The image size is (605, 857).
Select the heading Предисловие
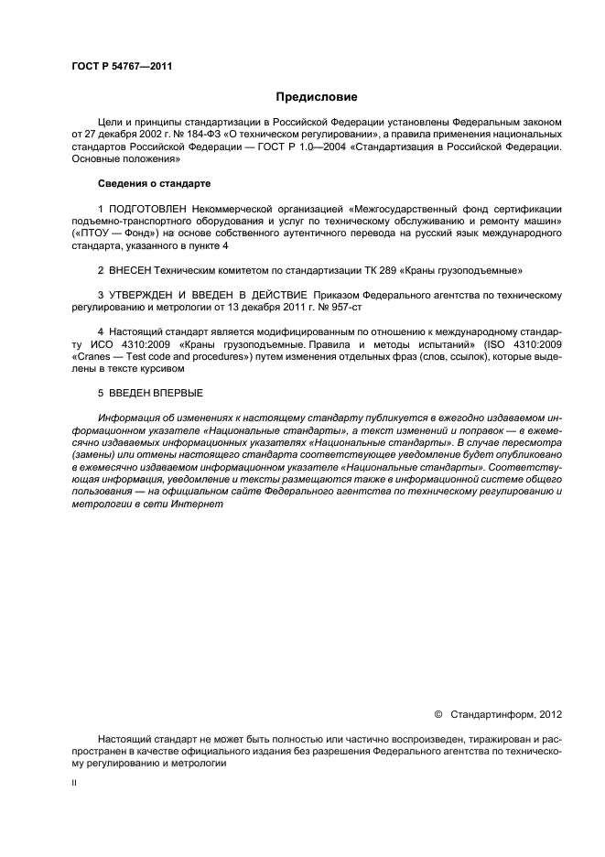click(316, 96)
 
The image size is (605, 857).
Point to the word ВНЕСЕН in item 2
click(130, 270)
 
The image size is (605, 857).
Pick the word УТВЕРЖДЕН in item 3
click(150, 296)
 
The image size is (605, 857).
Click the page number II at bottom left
click(74, 785)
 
